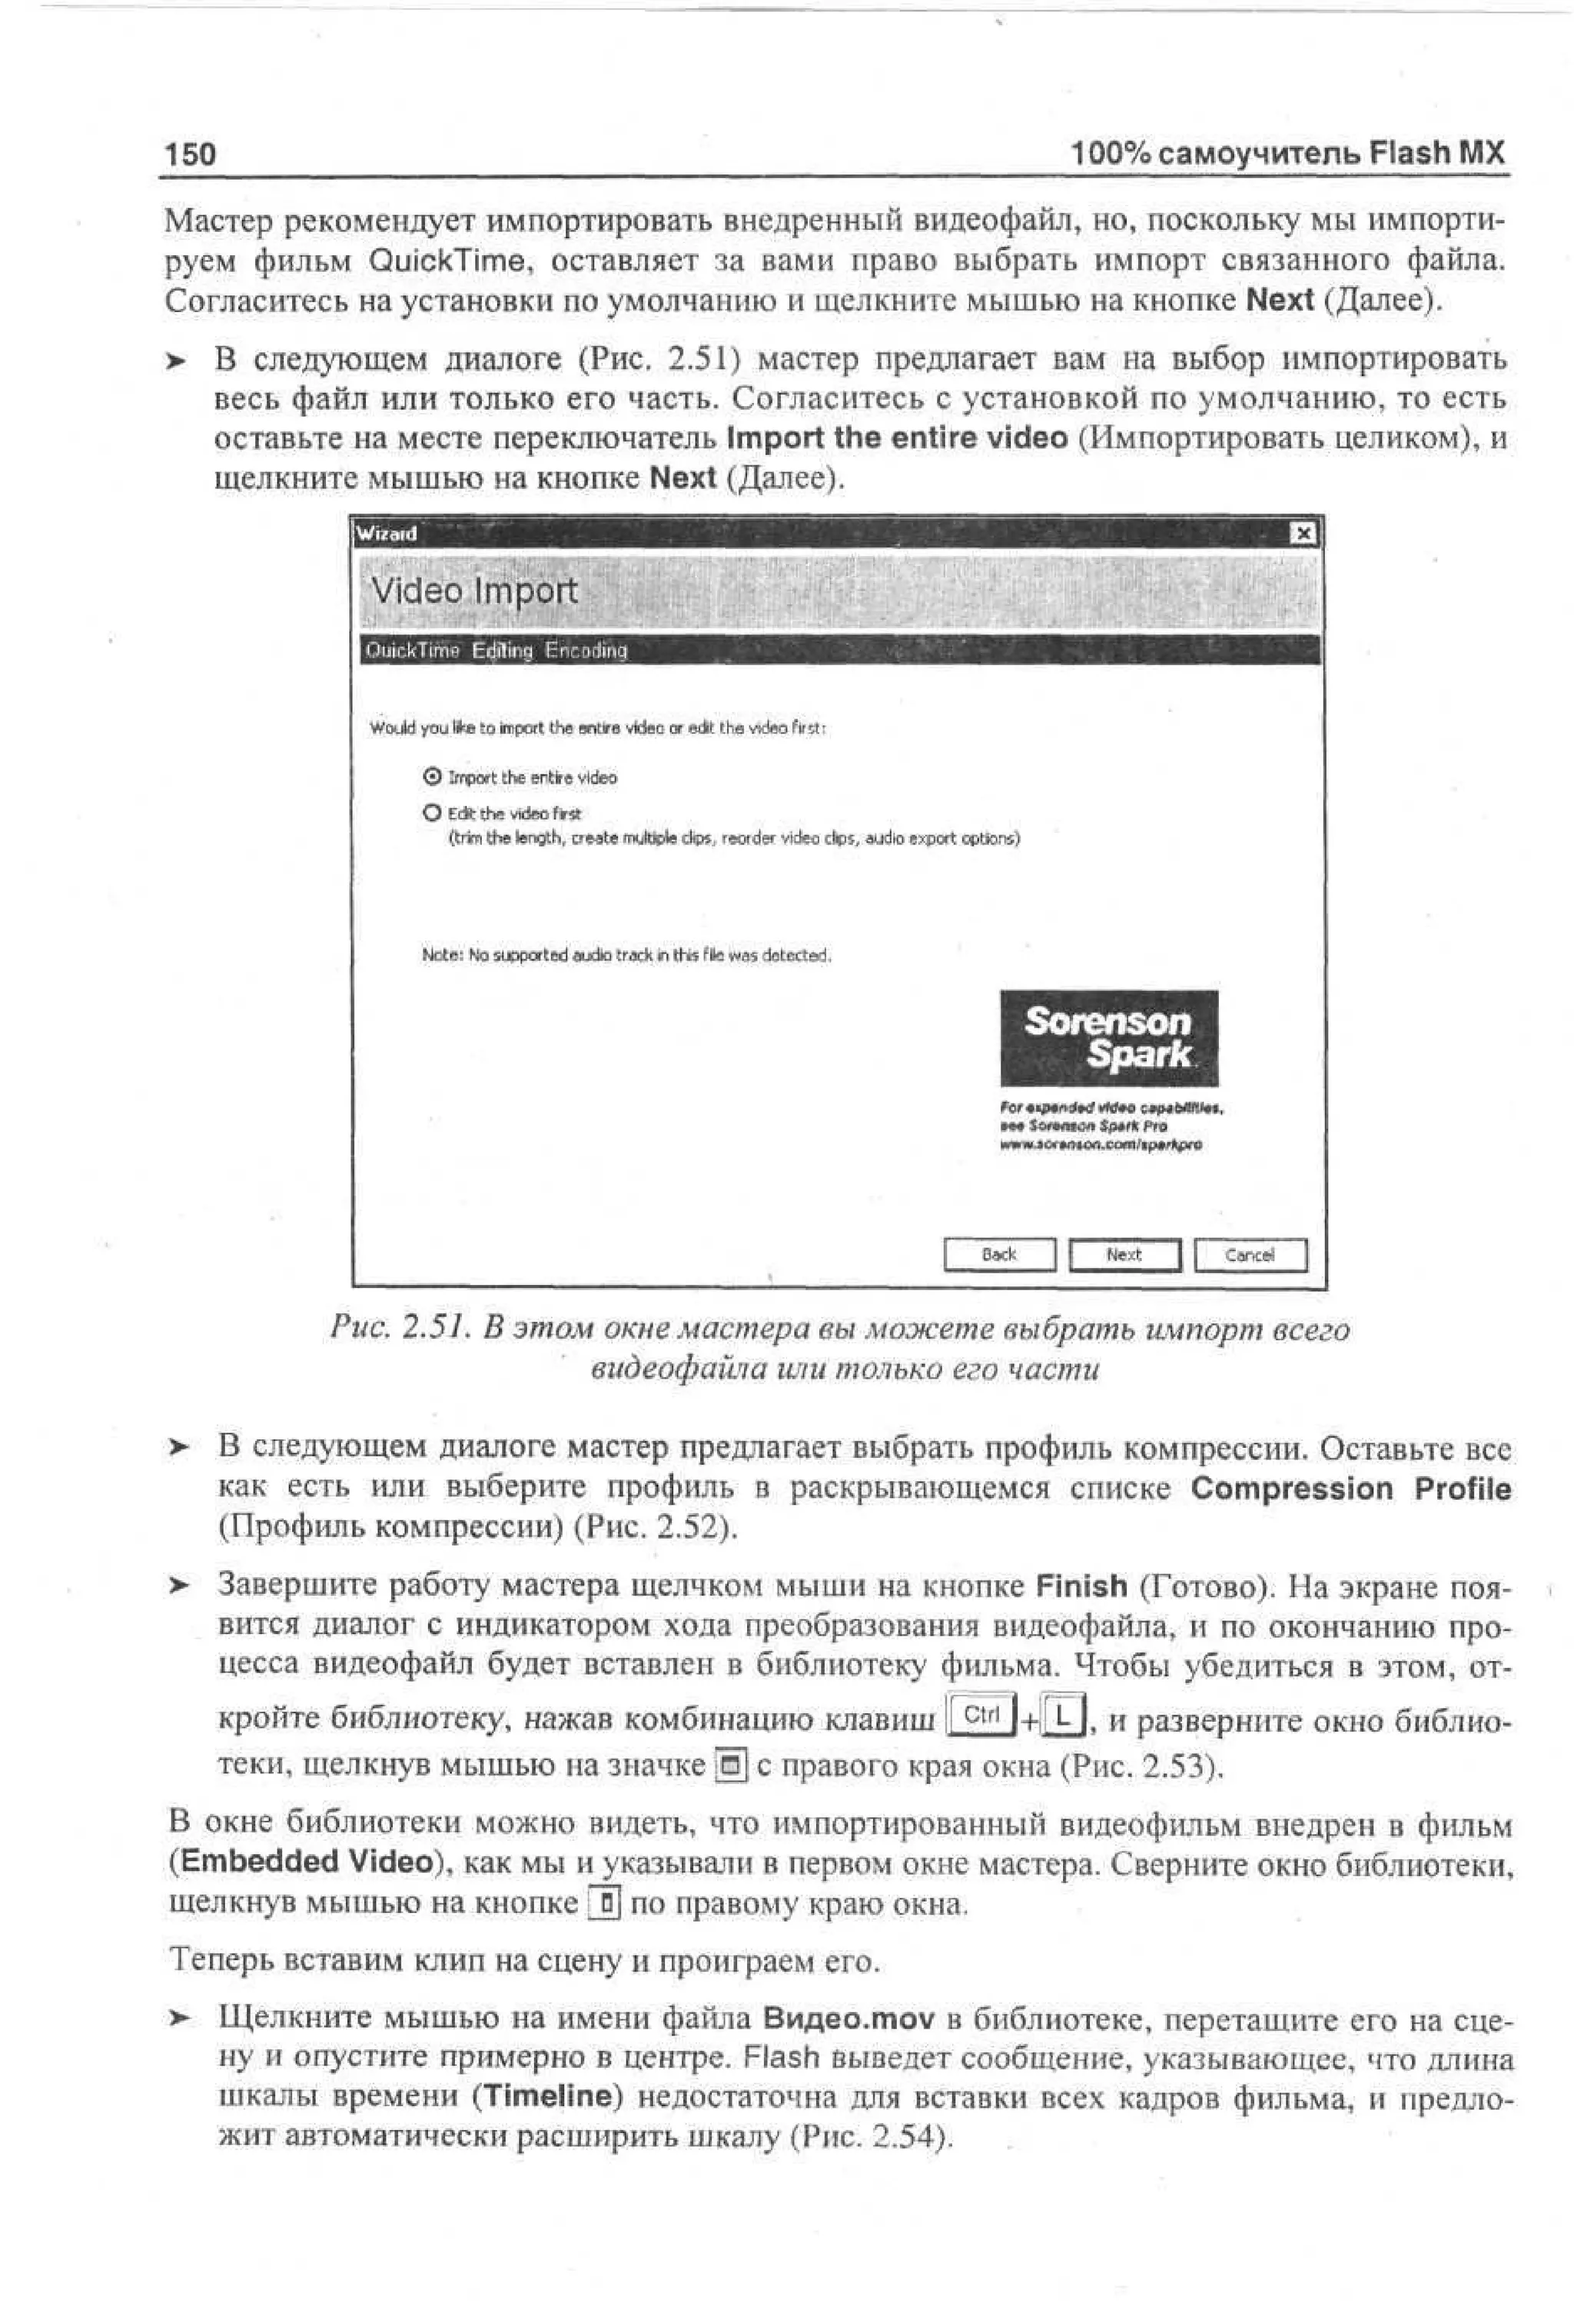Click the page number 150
click(x=190, y=154)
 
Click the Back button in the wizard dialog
click(x=998, y=1255)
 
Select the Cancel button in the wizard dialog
click(x=1250, y=1255)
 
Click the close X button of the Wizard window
click(x=1303, y=534)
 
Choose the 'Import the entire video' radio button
click(x=432, y=777)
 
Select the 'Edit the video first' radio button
click(x=432, y=813)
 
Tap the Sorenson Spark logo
click(x=1108, y=1037)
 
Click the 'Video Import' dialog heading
click(x=473, y=591)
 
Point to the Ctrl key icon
click(x=981, y=1713)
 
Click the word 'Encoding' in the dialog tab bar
click(x=586, y=651)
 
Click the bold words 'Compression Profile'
click(x=1350, y=1489)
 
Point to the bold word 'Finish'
click(x=1081, y=1586)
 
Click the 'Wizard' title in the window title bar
click(x=387, y=534)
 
